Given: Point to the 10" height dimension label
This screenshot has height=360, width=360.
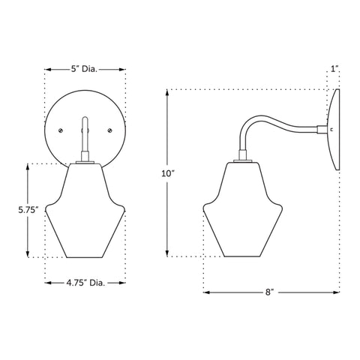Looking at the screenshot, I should tap(167, 173).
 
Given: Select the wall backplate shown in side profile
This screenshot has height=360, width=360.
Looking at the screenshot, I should tap(333, 129).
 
